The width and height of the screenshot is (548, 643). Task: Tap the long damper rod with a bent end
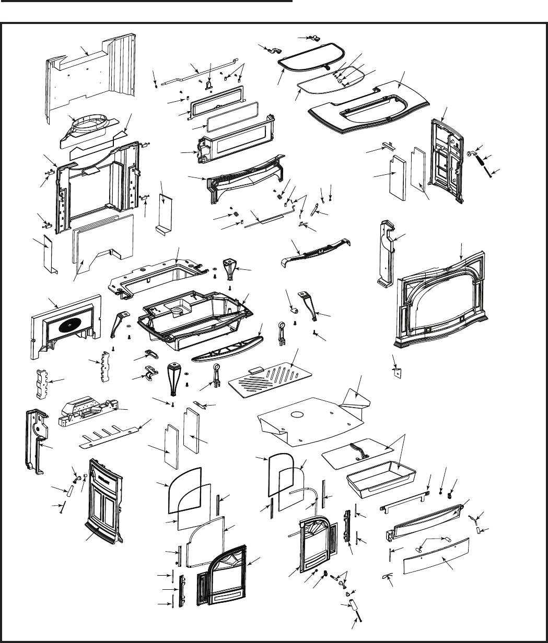pos(199,73)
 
